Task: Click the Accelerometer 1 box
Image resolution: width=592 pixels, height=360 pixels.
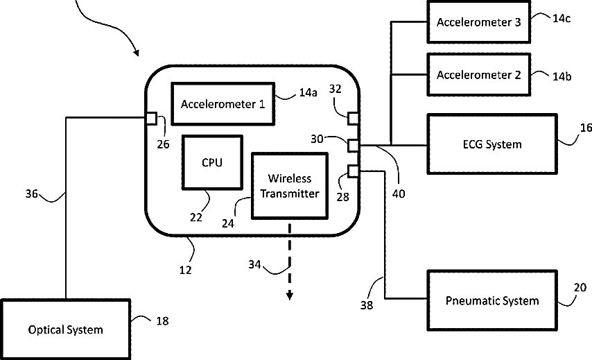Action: click(223, 104)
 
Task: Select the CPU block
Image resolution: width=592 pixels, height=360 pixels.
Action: click(212, 162)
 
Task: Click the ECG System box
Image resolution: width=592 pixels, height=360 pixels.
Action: click(492, 144)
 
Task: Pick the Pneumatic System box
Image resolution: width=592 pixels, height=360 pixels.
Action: click(492, 300)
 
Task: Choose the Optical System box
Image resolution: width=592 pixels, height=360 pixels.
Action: click(65, 329)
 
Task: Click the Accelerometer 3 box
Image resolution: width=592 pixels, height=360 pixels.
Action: click(478, 22)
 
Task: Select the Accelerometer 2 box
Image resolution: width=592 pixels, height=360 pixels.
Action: click(478, 75)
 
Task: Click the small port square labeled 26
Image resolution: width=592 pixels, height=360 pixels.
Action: click(150, 118)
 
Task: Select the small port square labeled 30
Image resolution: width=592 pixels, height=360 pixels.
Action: click(353, 145)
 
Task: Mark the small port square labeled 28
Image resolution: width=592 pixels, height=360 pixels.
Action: click(353, 171)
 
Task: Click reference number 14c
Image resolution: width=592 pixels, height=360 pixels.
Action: click(561, 19)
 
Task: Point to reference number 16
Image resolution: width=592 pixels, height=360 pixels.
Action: click(586, 129)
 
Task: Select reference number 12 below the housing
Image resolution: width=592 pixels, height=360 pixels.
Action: click(186, 268)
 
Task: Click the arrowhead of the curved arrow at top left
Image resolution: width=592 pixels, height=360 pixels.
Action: click(137, 53)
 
